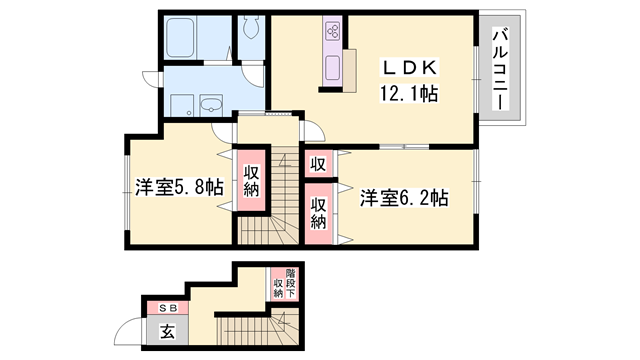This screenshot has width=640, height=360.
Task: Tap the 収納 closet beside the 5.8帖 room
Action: (250, 180)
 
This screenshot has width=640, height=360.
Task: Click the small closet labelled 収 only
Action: (317, 164)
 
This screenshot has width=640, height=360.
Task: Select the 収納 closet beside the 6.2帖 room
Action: (318, 212)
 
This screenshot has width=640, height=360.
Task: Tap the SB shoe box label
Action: (167, 307)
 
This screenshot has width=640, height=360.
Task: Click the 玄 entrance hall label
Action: (167, 330)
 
